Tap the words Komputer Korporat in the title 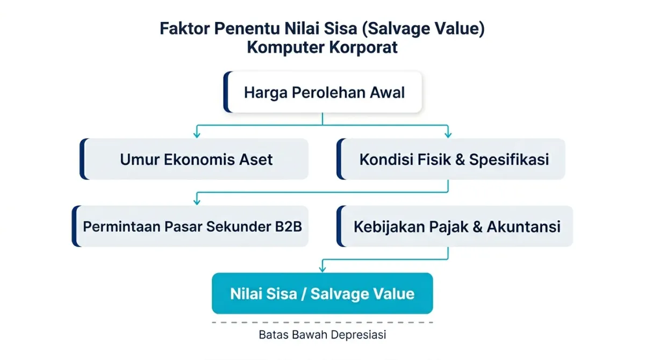coord(322,47)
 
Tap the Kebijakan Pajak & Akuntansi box coord(456,226)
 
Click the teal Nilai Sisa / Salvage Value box coord(322,294)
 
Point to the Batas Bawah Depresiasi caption coord(322,335)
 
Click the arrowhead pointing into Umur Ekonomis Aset coord(197,134)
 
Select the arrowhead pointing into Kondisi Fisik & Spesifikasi coord(448,134)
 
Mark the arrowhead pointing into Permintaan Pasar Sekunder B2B coord(197,201)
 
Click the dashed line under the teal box coord(322,322)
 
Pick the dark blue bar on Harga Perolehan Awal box coord(227,92)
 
